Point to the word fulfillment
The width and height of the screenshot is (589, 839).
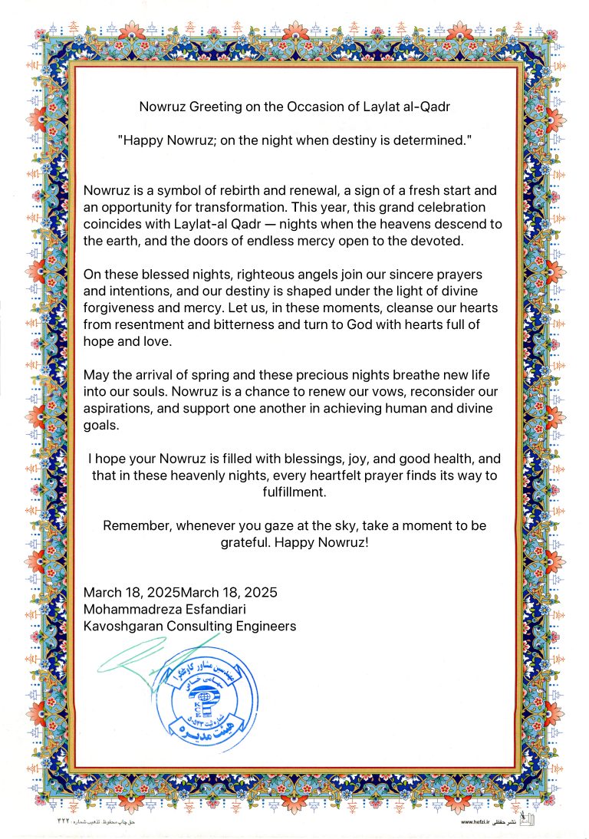[x=294, y=493]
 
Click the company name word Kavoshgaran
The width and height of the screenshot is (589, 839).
[x=123, y=626]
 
